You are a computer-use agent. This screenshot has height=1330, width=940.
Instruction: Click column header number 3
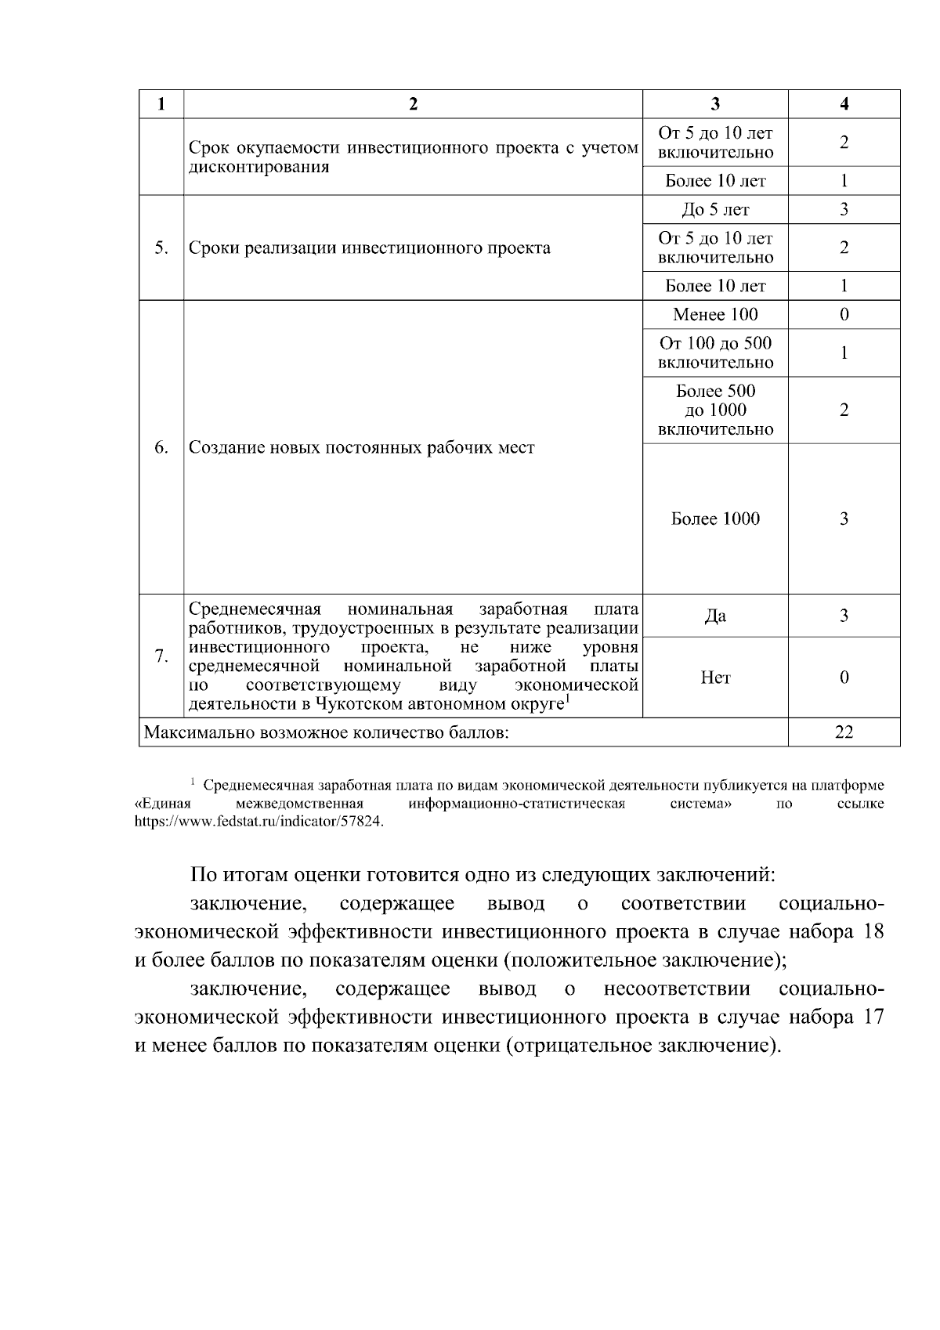(714, 104)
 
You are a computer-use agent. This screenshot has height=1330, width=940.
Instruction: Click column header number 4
(844, 104)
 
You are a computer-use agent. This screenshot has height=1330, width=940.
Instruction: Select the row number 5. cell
(161, 248)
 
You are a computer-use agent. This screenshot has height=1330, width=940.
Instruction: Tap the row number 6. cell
(161, 447)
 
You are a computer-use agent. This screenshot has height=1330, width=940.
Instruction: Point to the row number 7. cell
(161, 656)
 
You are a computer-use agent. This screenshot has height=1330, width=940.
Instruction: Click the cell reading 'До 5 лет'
(714, 210)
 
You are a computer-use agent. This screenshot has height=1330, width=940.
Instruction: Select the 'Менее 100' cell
(714, 315)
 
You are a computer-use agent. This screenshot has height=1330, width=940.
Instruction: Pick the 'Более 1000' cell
(714, 519)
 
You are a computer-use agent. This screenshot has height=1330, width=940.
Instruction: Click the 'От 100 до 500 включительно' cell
(714, 352)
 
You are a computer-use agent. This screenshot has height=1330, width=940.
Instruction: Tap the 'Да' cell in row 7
(714, 616)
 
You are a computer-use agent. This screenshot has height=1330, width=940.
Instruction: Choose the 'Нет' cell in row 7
(714, 678)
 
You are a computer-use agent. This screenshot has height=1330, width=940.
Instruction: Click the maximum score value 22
(844, 732)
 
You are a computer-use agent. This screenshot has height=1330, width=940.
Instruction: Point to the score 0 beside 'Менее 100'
(844, 315)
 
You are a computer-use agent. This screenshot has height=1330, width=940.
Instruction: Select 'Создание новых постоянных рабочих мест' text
(362, 447)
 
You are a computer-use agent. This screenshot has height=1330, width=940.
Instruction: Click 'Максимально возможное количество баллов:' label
(326, 732)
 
